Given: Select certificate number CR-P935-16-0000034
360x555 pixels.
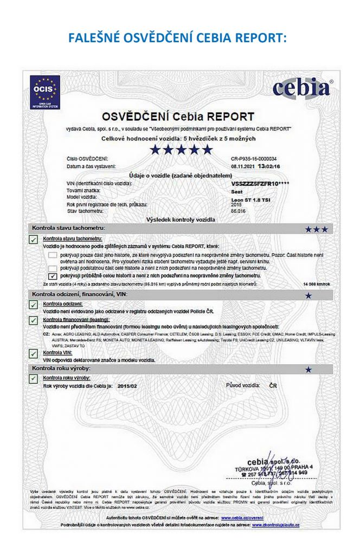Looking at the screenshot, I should (x=253, y=158).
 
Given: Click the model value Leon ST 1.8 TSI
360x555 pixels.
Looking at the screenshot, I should (x=249, y=198).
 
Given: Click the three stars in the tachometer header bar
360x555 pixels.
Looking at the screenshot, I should (x=316, y=229).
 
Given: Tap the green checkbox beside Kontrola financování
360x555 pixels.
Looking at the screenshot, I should (x=34, y=321).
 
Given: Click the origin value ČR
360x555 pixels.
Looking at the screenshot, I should (x=274, y=385).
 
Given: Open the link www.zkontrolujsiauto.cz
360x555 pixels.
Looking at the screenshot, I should (x=277, y=525).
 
